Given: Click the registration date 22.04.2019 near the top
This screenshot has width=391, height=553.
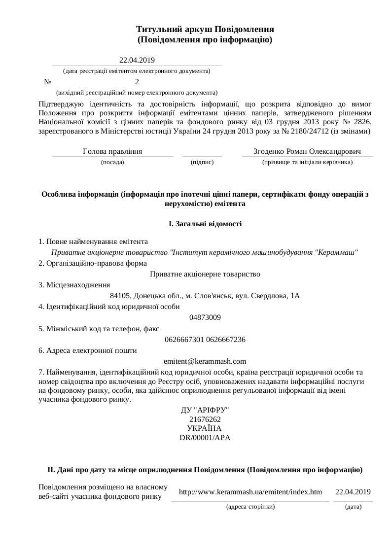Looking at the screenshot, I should (137, 61).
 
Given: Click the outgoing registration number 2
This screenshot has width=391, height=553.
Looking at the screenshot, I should (137, 82).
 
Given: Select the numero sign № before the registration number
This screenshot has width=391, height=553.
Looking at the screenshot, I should (48, 82).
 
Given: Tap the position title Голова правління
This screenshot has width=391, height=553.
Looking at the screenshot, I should (112, 151).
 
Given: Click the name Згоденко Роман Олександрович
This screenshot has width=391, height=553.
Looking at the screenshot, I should (308, 151).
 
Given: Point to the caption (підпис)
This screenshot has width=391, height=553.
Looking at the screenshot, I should (202, 162).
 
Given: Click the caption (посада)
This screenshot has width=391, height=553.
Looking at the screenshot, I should (112, 162).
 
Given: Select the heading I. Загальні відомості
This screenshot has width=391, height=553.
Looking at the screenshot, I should (205, 224).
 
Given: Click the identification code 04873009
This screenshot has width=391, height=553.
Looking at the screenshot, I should (205, 317).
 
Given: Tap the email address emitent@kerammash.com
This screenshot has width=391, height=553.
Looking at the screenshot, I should (205, 361).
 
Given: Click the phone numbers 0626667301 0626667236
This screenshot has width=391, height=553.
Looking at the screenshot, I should (205, 340).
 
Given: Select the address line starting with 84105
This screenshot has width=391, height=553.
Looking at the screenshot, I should (205, 296).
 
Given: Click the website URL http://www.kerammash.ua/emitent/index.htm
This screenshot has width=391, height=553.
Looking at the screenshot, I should (250, 492).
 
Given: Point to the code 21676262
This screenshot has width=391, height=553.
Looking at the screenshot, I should (205, 419).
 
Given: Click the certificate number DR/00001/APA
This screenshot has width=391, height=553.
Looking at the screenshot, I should (205, 437).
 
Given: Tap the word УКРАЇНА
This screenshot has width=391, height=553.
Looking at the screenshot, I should (205, 428).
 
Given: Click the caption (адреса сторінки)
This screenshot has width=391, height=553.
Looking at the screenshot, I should (250, 506).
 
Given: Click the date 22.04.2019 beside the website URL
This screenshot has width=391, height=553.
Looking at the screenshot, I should (353, 492).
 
